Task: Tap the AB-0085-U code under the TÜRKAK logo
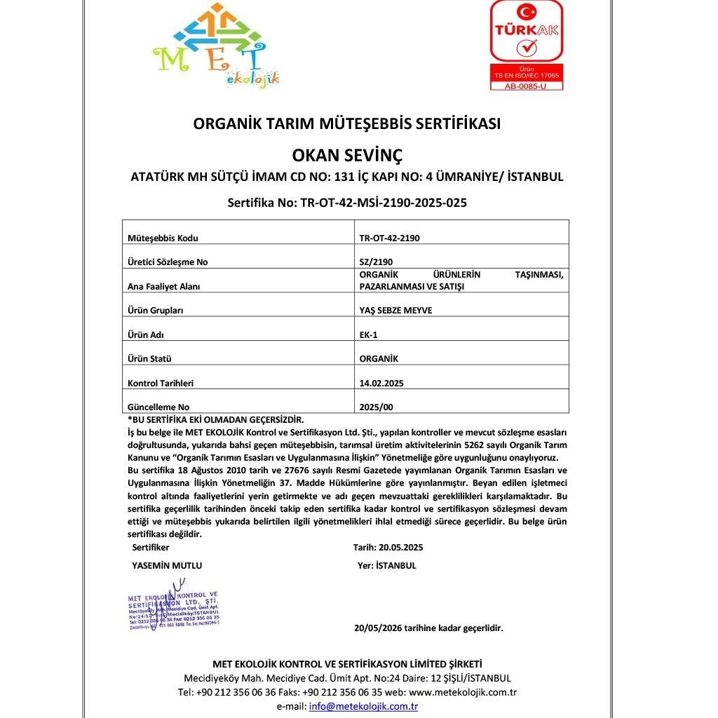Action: click(x=526, y=86)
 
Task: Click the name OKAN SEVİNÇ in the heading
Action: click(x=347, y=154)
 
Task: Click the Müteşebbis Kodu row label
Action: click(x=163, y=238)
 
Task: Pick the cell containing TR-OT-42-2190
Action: click(x=389, y=238)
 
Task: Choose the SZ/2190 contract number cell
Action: click(x=372, y=262)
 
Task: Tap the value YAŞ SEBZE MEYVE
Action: click(x=395, y=311)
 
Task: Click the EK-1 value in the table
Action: click(x=368, y=334)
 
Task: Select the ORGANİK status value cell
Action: click(x=379, y=359)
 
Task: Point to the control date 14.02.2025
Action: click(x=381, y=384)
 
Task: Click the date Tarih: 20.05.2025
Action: click(x=388, y=548)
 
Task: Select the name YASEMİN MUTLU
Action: click(x=167, y=565)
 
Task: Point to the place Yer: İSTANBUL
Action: click(x=386, y=565)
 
